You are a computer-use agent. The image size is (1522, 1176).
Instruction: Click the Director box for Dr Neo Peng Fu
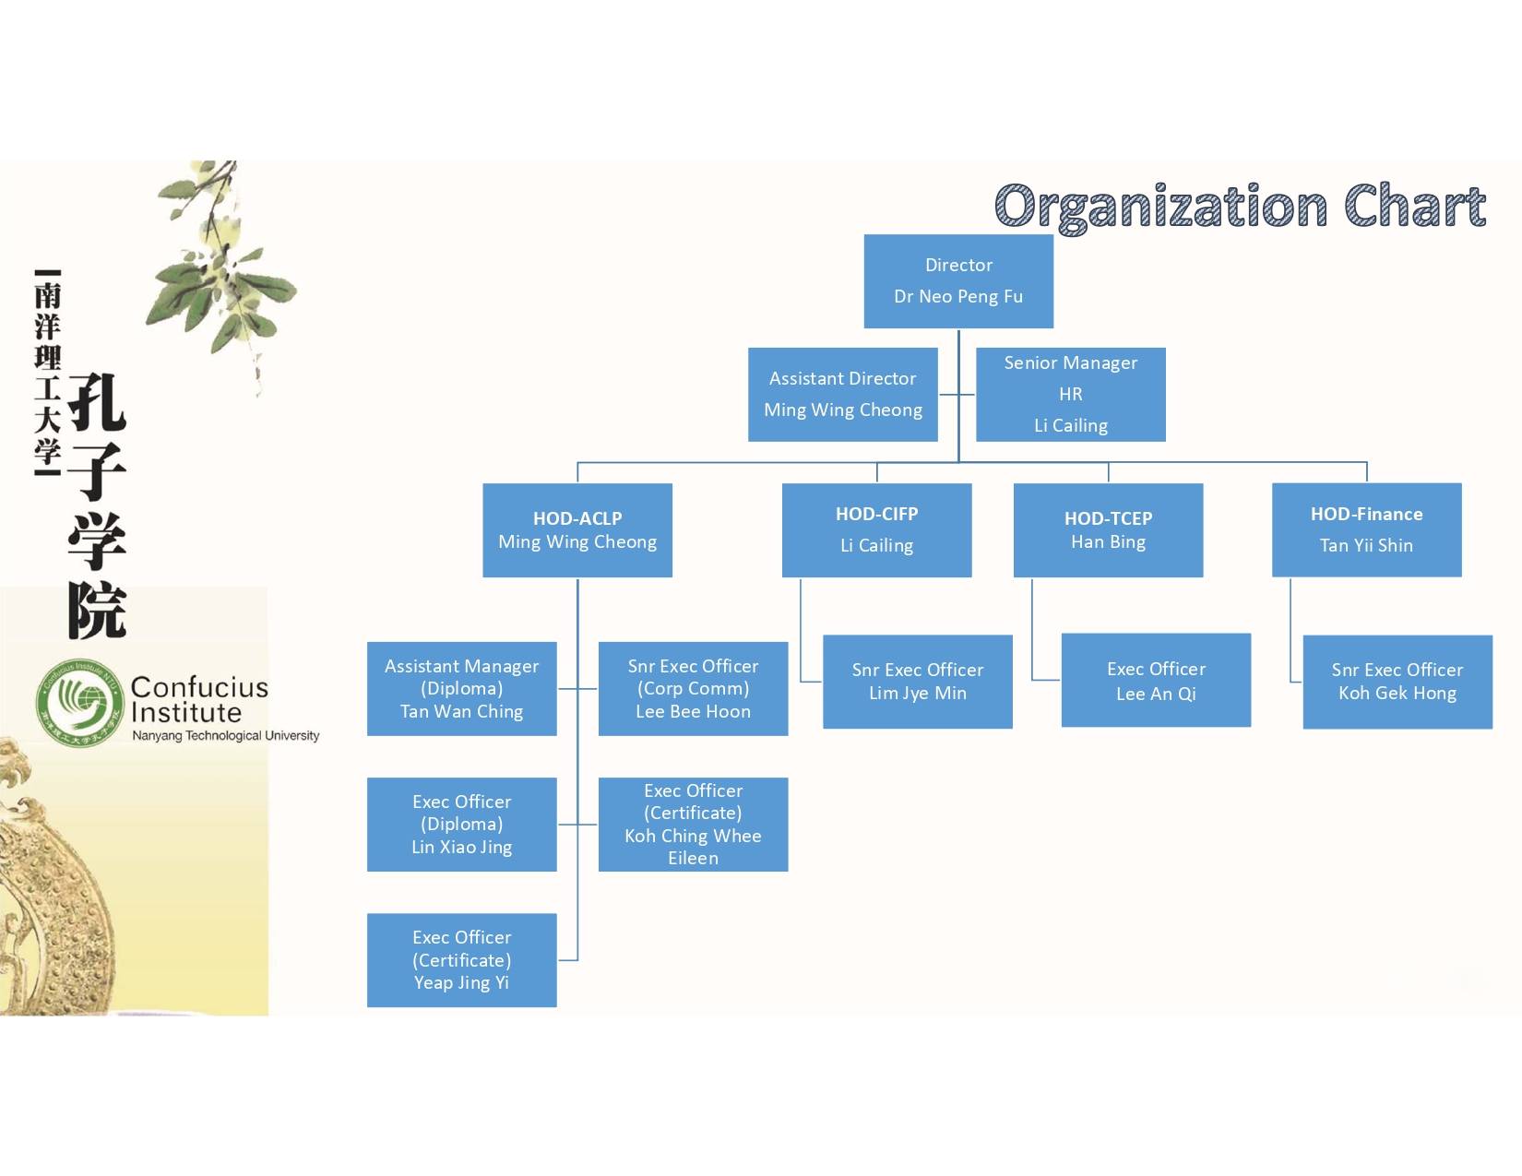tap(958, 280)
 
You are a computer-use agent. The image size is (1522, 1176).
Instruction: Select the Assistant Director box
tap(842, 394)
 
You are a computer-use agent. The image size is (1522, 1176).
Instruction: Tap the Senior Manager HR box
tap(1070, 394)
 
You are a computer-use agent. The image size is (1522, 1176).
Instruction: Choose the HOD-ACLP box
tap(577, 530)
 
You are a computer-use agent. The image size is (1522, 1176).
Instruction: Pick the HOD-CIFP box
tap(876, 530)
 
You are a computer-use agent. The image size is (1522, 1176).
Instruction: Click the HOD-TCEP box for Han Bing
tap(1108, 530)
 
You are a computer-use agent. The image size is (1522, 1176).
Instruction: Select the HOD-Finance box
tap(1366, 530)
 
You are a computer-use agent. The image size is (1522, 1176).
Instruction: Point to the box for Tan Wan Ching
tap(461, 688)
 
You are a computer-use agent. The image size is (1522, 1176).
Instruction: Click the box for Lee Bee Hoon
tap(693, 688)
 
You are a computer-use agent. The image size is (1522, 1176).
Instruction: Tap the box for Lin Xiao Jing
tap(461, 824)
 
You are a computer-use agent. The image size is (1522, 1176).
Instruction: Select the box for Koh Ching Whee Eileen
tap(693, 824)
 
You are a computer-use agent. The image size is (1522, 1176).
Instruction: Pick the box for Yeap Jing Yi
tap(461, 959)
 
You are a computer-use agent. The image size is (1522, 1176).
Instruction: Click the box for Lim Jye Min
tap(917, 682)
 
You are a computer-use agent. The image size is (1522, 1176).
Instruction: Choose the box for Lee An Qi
tap(1156, 681)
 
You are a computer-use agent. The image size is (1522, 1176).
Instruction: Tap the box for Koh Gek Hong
tap(1397, 682)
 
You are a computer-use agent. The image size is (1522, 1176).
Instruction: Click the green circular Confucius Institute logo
tap(80, 703)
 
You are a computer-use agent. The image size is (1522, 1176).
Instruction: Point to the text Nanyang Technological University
tap(225, 736)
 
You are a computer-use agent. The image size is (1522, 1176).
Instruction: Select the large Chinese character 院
tap(97, 610)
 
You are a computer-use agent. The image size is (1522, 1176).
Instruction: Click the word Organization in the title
tap(1160, 207)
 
